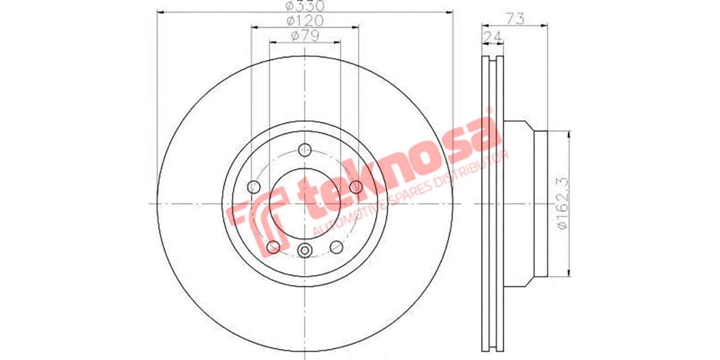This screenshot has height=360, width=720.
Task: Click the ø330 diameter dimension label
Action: [304, 7]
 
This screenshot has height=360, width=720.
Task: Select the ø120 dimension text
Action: [304, 21]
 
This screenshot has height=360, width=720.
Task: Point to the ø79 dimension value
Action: [304, 36]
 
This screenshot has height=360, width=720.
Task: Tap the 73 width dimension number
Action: [515, 19]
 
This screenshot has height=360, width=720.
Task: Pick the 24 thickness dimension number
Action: [492, 37]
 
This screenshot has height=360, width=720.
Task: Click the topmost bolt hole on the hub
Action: [305, 149]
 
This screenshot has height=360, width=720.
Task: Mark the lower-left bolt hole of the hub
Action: [274, 246]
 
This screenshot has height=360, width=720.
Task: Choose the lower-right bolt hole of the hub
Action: [337, 246]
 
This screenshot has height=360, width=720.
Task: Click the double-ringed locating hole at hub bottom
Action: [305, 250]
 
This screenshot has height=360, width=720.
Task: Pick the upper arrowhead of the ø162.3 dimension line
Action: [567, 136]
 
